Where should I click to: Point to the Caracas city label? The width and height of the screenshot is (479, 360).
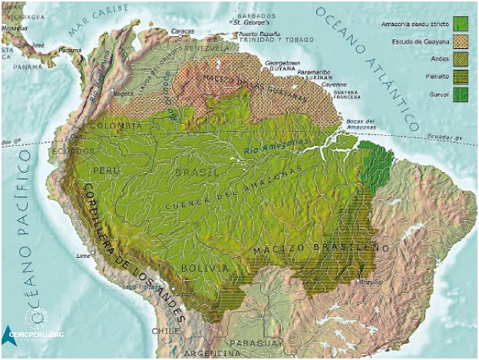click(183, 31)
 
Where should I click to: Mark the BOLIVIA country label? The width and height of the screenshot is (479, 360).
click(205, 267)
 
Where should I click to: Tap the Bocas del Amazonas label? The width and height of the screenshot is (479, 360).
click(359, 124)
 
